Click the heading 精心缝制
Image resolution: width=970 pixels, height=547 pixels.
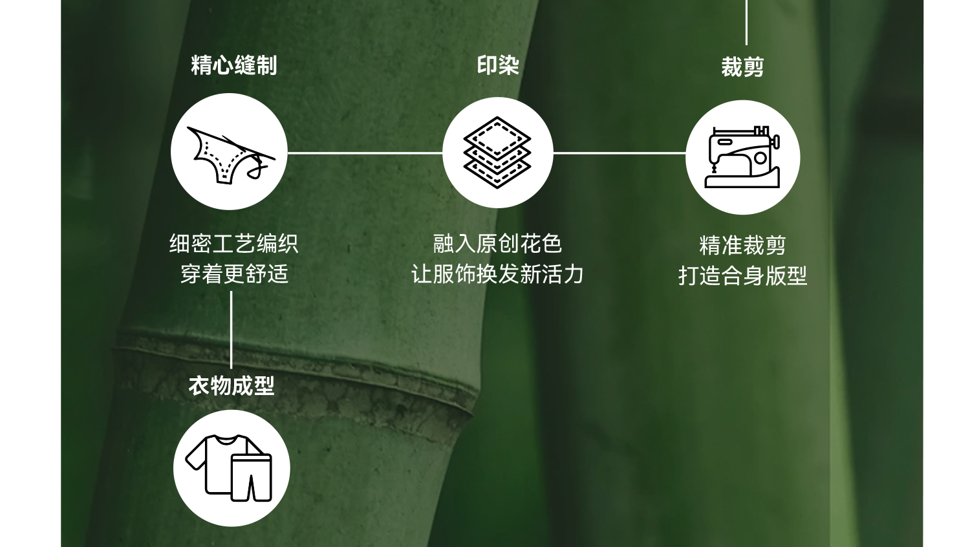click(233, 65)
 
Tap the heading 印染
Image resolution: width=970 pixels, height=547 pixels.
click(498, 65)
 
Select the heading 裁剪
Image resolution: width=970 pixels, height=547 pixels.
click(742, 67)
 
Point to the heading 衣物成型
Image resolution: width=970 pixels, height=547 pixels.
click(232, 386)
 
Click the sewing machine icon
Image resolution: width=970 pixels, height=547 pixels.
click(742, 158)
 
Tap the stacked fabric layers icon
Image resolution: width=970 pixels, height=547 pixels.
click(497, 153)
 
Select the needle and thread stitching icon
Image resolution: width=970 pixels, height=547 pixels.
click(229, 153)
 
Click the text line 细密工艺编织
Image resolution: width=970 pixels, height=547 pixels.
click(233, 244)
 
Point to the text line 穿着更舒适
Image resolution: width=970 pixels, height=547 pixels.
click(233, 274)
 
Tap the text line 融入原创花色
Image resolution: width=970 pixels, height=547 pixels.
click(497, 244)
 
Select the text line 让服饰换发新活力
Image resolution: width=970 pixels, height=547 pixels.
click(497, 274)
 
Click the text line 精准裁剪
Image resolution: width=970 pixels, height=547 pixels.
click(742, 246)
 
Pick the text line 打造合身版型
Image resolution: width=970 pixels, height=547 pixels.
click(742, 276)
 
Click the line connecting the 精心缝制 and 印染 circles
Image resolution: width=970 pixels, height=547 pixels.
click(365, 153)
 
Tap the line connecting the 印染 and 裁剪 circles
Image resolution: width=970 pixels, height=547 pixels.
click(619, 153)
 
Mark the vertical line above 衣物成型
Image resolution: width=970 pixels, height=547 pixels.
click(232, 330)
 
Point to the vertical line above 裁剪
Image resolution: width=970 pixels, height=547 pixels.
click(747, 23)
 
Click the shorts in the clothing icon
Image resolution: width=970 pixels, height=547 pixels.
click(252, 477)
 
